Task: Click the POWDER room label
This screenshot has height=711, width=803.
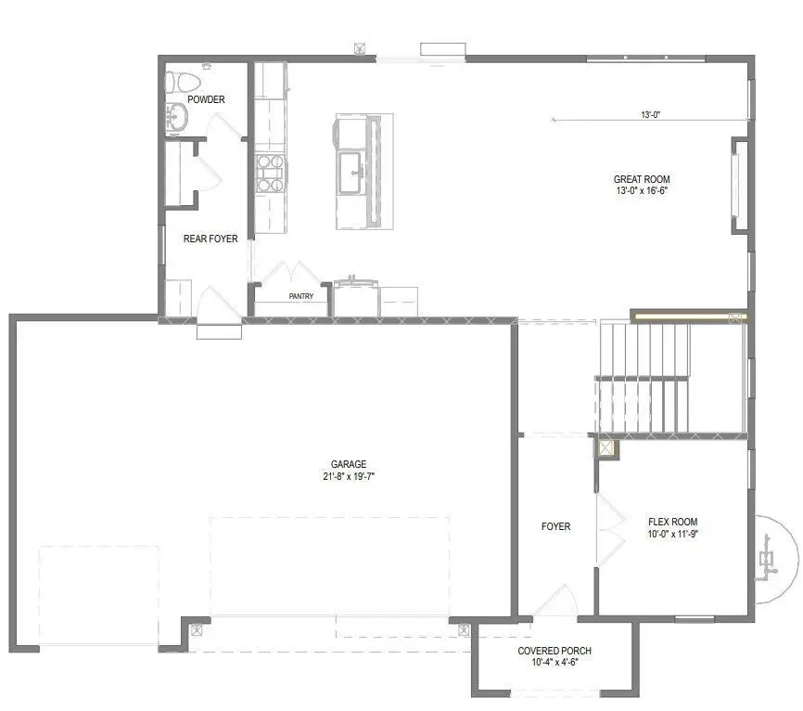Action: coord(206,99)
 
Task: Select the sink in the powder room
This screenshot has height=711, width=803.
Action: coord(175,117)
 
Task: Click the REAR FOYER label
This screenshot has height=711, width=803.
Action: coord(210,239)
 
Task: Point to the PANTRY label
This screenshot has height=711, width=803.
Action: coord(301,297)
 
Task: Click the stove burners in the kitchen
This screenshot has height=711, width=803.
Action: coord(270,173)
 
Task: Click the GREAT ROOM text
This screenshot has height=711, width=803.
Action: coord(642,180)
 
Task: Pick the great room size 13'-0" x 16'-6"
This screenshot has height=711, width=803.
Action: coord(642,191)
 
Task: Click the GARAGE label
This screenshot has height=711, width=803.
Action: coord(349,464)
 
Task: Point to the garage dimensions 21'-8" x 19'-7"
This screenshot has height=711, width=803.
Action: coord(349,476)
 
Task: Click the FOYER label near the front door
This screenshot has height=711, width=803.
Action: coord(555,526)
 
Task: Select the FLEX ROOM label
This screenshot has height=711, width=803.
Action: coord(672,522)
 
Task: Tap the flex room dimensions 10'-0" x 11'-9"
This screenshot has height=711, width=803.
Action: coord(672,534)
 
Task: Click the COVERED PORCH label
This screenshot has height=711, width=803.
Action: coord(554,651)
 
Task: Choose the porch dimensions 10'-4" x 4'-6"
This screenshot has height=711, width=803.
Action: coord(554,663)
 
